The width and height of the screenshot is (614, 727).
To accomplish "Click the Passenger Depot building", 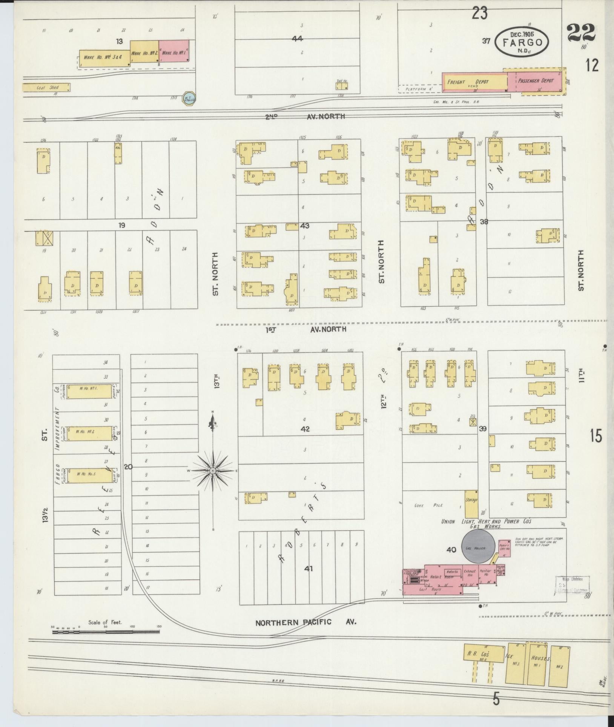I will (x=535, y=81).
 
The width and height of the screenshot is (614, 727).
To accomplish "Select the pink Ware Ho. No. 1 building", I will (x=173, y=53).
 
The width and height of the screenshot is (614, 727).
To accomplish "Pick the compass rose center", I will (x=213, y=471).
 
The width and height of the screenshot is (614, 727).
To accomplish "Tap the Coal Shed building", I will (x=46, y=88).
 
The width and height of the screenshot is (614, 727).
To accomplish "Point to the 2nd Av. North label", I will (x=305, y=117).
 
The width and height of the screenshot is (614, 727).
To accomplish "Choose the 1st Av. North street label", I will (x=305, y=329).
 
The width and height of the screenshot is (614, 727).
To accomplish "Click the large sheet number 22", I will (x=580, y=33).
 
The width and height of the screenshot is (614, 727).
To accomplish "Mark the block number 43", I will (x=305, y=226).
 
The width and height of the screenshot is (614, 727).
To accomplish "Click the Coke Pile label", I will (x=433, y=505).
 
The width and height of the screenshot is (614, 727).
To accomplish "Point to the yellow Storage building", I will (x=471, y=504).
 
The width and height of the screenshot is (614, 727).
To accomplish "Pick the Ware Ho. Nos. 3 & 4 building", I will (x=104, y=59).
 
